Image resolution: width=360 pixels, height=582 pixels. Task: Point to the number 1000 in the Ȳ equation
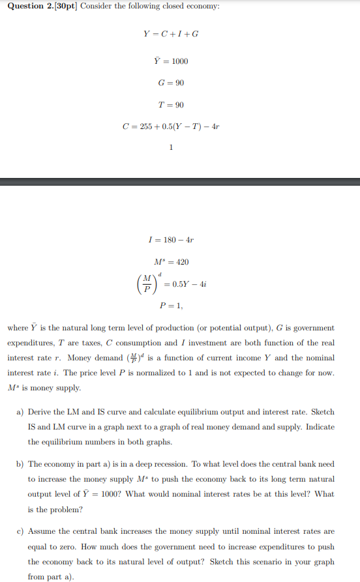tap(179, 61)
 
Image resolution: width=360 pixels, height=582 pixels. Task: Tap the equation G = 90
tap(171, 83)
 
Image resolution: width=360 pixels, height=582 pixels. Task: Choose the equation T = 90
tap(171, 105)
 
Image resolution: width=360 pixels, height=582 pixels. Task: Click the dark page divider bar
tap(180, 182)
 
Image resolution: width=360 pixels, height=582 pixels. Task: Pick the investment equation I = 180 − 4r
tap(171, 240)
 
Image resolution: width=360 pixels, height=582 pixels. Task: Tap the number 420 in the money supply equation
tap(181, 261)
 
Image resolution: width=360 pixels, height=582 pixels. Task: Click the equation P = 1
tap(171, 305)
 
